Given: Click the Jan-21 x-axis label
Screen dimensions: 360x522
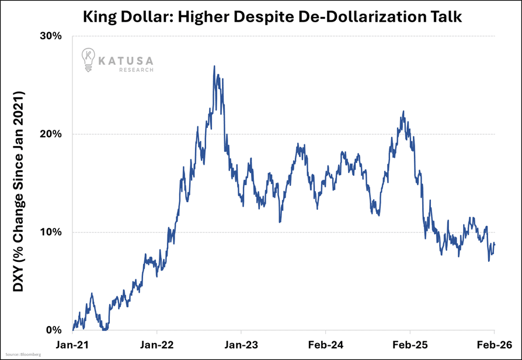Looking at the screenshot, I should tap(72, 345).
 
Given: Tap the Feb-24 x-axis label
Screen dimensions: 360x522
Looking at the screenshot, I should tap(325, 345).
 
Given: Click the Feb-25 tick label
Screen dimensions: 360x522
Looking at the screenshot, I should tap(410, 345).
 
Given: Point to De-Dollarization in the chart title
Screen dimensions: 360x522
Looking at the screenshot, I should tap(367, 16).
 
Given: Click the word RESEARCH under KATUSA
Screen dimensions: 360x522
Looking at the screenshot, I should tap(137, 70).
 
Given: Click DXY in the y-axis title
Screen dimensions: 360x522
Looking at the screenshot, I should tap(19, 282).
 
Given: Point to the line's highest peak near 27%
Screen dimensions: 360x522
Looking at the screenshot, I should tap(214, 66).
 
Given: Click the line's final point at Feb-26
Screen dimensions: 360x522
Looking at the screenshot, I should tap(495, 244).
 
